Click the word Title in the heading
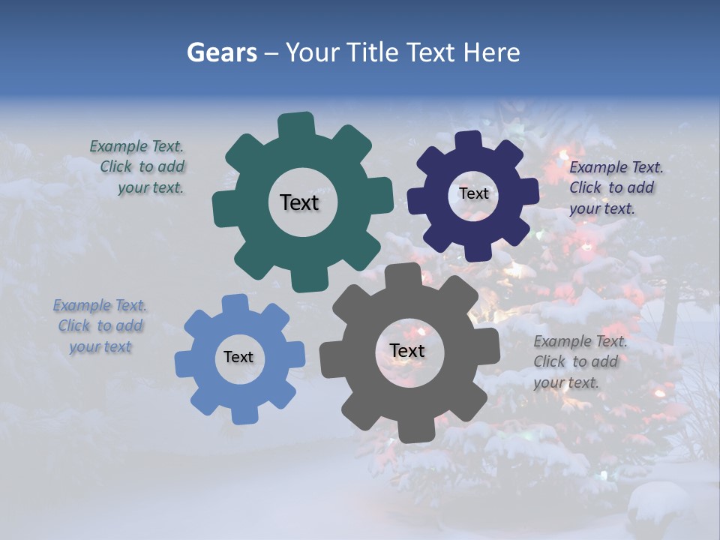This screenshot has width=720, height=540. click(x=373, y=52)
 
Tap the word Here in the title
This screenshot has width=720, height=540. click(x=491, y=52)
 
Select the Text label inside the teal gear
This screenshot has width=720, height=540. click(x=299, y=202)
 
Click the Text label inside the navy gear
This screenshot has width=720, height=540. click(x=473, y=193)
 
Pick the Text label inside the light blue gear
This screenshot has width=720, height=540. click(x=238, y=357)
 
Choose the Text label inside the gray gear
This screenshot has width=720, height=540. click(x=407, y=350)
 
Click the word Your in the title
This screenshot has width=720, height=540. click(x=313, y=52)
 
